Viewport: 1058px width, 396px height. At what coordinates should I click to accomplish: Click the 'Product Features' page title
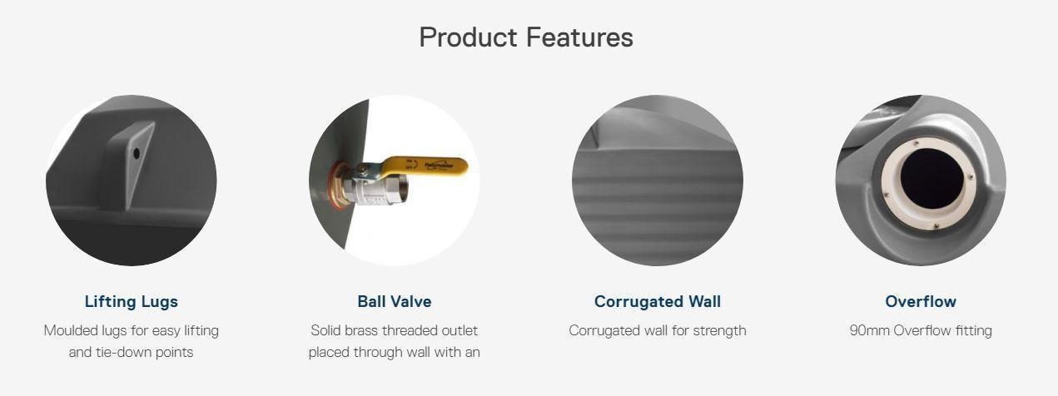click(x=526, y=37)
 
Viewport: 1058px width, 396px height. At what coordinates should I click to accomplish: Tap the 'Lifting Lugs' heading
click(x=132, y=302)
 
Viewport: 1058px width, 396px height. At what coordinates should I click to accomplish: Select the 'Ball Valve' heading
click(x=395, y=302)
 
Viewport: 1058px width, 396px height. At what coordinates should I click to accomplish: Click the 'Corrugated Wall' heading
click(x=658, y=302)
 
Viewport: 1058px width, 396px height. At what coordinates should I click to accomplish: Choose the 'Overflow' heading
click(x=921, y=302)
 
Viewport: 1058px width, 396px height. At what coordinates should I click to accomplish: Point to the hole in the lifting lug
click(x=136, y=153)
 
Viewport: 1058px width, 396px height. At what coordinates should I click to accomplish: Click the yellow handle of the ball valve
click(x=425, y=166)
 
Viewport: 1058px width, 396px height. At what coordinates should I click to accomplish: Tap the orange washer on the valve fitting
click(x=336, y=183)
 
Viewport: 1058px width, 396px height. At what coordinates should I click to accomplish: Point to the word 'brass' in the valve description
click(x=363, y=330)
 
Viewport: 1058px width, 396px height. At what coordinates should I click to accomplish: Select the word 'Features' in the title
click(x=579, y=37)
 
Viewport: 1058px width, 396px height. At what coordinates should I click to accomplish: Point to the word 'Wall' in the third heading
click(x=704, y=302)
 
